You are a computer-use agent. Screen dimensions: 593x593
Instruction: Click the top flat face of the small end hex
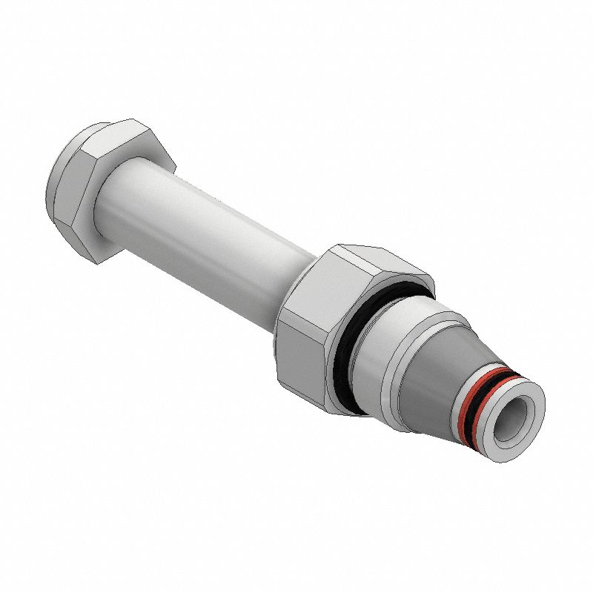pyautogui.click(x=111, y=133)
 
